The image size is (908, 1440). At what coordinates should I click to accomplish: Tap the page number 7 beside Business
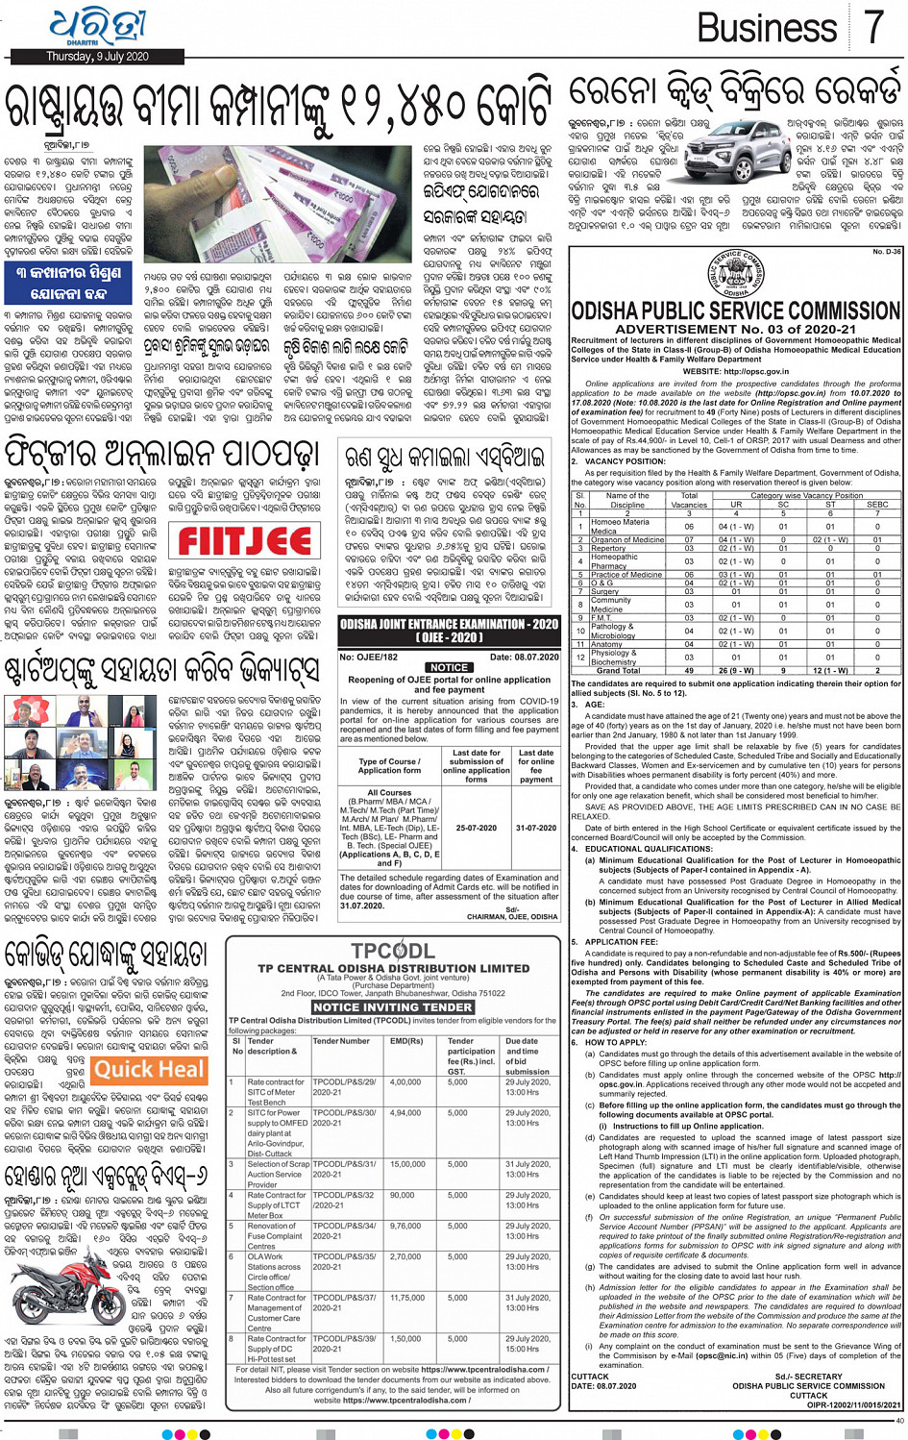click(x=872, y=27)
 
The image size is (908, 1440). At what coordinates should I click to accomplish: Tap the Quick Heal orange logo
click(x=149, y=1069)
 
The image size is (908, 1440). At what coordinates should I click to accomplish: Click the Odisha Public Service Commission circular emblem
click(x=736, y=276)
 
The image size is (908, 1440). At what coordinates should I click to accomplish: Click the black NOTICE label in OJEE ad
click(x=449, y=667)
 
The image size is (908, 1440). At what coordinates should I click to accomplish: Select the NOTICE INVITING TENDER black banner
click(x=392, y=1006)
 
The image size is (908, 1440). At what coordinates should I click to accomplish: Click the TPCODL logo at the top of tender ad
click(x=392, y=952)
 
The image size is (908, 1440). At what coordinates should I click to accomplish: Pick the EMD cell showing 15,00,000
click(x=406, y=1164)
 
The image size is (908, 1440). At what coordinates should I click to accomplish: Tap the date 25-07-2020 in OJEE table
click(x=476, y=828)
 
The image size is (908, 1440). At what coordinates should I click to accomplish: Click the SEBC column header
click(x=877, y=504)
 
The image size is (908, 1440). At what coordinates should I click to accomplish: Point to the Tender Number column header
click(x=341, y=1041)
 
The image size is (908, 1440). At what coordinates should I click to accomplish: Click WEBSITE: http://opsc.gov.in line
click(x=735, y=371)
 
